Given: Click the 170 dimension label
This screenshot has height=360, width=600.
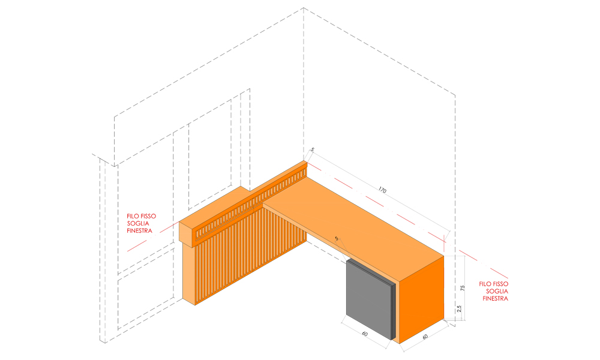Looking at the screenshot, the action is click(x=382, y=190).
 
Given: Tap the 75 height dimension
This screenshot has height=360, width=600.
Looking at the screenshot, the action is click(x=462, y=287).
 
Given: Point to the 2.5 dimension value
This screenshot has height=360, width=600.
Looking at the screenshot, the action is click(x=459, y=309).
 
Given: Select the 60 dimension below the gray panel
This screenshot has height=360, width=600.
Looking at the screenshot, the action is click(x=365, y=334).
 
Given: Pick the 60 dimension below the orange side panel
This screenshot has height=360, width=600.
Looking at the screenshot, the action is click(x=425, y=337).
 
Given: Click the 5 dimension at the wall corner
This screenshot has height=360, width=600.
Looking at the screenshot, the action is click(x=312, y=149).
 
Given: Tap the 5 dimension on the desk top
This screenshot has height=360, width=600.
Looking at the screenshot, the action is click(x=337, y=238).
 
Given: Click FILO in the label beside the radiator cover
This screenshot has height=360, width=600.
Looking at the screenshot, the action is click(x=133, y=216).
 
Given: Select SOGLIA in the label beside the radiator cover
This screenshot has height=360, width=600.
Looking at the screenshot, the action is click(x=138, y=223).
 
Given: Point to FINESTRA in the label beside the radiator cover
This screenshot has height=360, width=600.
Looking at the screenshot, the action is click(x=140, y=230).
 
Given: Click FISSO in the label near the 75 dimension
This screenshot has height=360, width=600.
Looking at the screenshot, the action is click(x=500, y=284).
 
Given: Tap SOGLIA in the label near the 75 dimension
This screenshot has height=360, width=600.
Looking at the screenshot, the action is click(x=497, y=291).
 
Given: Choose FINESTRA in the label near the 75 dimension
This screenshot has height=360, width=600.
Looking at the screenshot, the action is click(x=496, y=298).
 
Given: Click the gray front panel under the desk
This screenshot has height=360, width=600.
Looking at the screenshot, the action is click(x=369, y=295).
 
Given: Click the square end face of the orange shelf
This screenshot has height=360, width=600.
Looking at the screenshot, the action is click(x=187, y=233).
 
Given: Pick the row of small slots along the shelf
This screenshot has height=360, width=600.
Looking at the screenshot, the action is click(x=251, y=203).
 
